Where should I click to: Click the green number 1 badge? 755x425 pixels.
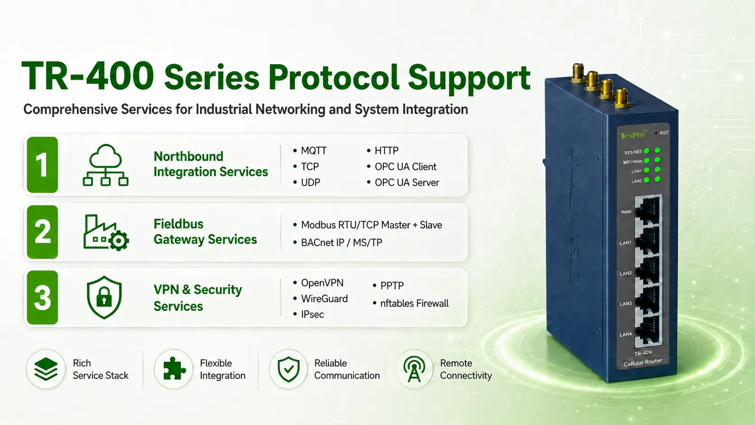pos(42,165)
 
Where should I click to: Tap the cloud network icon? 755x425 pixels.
pos(106,165)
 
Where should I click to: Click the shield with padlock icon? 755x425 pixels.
pos(104,298)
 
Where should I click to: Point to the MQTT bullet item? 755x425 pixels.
pos(310,151)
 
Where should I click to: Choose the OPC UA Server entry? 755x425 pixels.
pos(403,182)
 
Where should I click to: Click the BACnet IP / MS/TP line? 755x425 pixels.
pos(338,243)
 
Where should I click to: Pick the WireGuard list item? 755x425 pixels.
pos(321,299)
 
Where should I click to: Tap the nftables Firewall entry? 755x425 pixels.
pos(410,304)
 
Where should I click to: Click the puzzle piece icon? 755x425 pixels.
pos(173,369)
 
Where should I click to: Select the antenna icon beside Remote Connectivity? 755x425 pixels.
pos(414,369)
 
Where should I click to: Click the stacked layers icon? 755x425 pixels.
pos(46,369)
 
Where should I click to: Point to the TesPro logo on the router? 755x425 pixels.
pos(633,135)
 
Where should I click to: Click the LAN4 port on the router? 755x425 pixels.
pos(648,331)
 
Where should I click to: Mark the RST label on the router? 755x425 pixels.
pos(664,133)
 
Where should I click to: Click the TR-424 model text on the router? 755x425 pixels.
pos(643,353)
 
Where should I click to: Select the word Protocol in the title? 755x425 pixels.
pos(334,78)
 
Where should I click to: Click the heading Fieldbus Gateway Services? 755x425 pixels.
pos(205,232)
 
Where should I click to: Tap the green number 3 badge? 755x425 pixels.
pos(42,298)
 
